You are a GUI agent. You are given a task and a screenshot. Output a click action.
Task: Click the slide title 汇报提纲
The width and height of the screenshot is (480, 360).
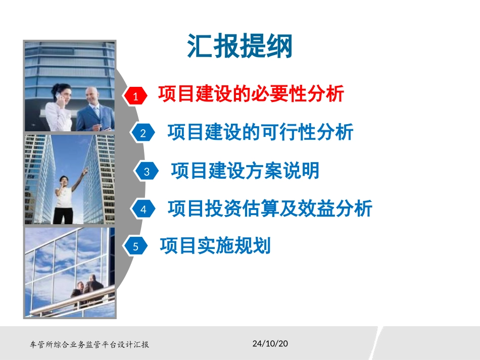[x=240, y=47]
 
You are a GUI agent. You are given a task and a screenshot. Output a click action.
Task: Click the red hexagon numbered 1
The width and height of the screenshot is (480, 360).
[x=135, y=95]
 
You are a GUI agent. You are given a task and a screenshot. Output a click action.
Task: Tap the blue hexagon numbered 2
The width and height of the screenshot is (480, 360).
[x=143, y=133]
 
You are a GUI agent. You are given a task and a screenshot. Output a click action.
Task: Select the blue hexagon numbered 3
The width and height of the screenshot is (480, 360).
[x=147, y=171]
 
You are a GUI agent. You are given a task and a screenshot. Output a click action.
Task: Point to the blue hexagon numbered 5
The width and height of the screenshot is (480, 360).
[x=135, y=247]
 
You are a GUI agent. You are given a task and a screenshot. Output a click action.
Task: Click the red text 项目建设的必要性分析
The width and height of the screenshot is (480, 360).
[x=251, y=94]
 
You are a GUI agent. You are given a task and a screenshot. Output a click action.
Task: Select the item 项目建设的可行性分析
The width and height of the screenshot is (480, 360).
[x=260, y=132]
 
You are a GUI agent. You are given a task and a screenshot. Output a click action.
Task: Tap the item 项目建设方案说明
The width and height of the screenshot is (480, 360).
[x=245, y=171]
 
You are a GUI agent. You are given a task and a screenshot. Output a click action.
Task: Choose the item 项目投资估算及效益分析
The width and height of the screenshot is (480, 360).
[x=270, y=208]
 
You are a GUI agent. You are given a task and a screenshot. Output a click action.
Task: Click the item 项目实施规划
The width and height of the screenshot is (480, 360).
[x=215, y=246]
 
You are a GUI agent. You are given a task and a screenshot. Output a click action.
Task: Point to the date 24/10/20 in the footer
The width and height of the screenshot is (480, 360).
[x=270, y=344]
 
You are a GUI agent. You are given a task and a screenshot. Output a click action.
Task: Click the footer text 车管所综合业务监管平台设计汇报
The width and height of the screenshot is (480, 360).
[x=89, y=345]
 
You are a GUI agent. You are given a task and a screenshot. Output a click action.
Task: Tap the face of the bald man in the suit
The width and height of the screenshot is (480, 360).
[x=91, y=95]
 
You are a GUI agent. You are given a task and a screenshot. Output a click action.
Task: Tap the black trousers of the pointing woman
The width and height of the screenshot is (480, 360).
[x=65, y=215]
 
